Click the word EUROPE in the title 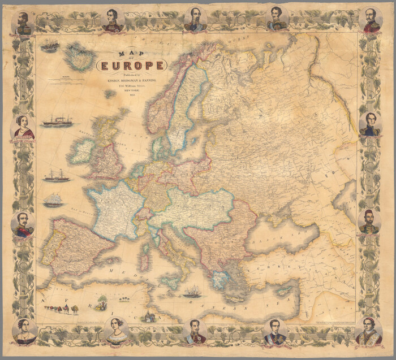pyautogui.click(x=132, y=66)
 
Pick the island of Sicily pyautogui.click(x=169, y=279)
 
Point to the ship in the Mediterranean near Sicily pyautogui.click(x=192, y=291)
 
